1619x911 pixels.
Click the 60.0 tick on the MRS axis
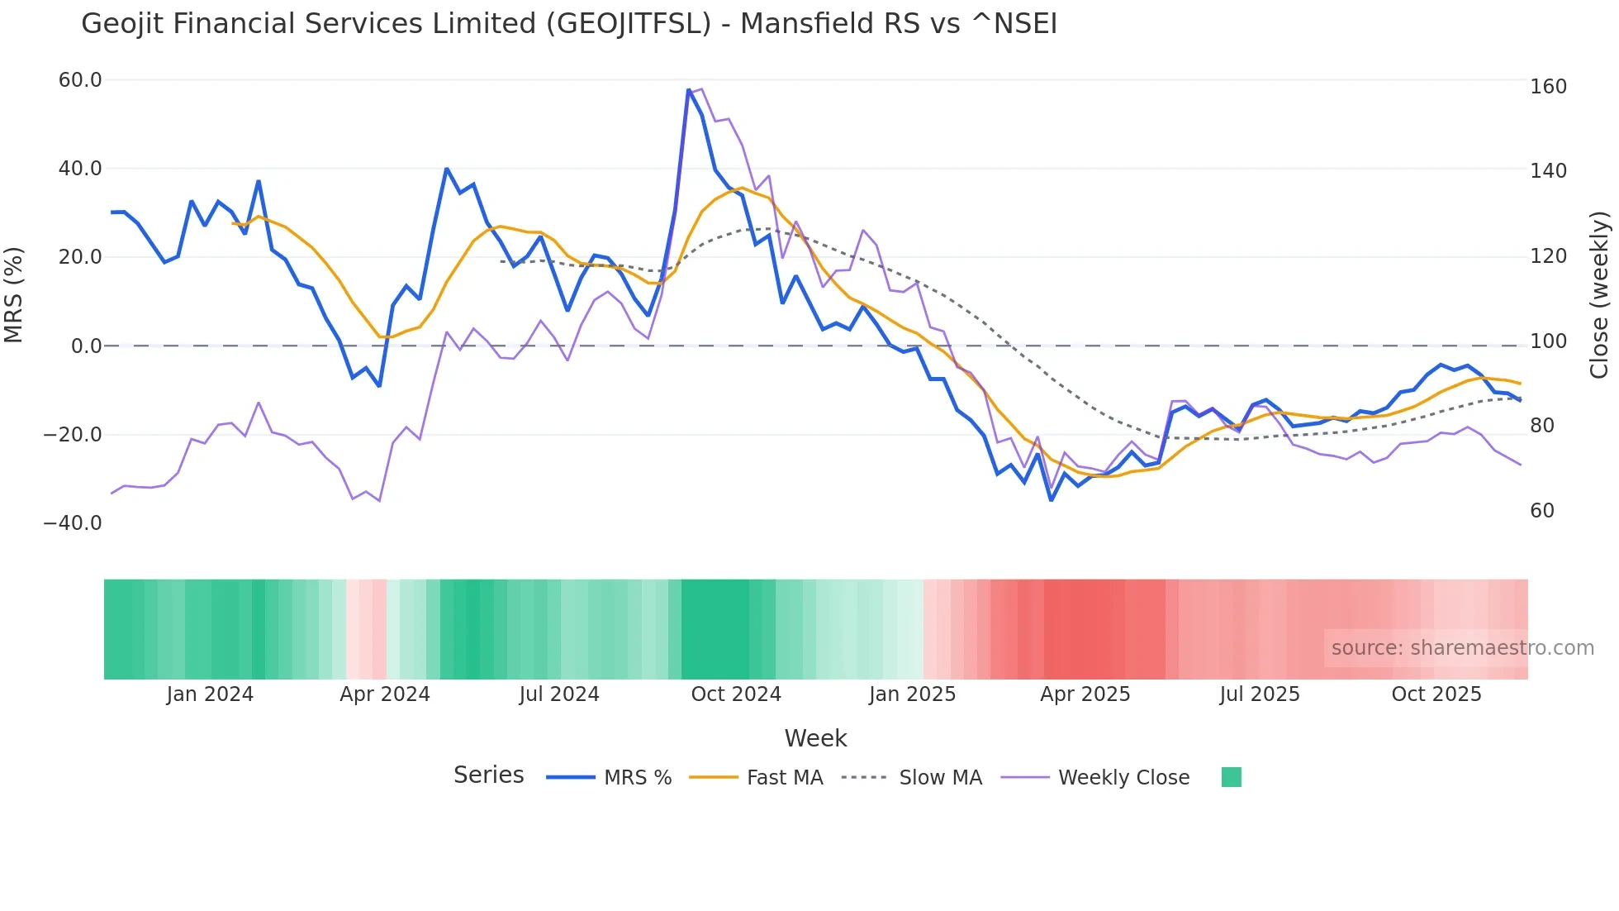point(80,80)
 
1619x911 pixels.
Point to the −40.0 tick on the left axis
point(73,523)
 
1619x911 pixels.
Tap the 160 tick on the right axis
point(1548,87)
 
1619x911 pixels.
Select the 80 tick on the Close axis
point(1542,426)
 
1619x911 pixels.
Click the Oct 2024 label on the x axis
point(736,694)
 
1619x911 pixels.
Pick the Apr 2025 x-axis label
point(1085,694)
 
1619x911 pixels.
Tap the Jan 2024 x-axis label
point(210,694)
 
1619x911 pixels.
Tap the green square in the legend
point(1231,777)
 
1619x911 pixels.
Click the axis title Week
point(815,738)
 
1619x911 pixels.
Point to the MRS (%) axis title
point(14,295)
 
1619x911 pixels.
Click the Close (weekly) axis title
point(1599,295)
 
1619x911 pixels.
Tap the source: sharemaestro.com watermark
point(1462,648)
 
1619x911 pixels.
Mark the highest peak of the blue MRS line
point(689,90)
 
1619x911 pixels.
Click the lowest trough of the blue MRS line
point(1051,499)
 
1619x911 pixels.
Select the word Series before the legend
point(488,775)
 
